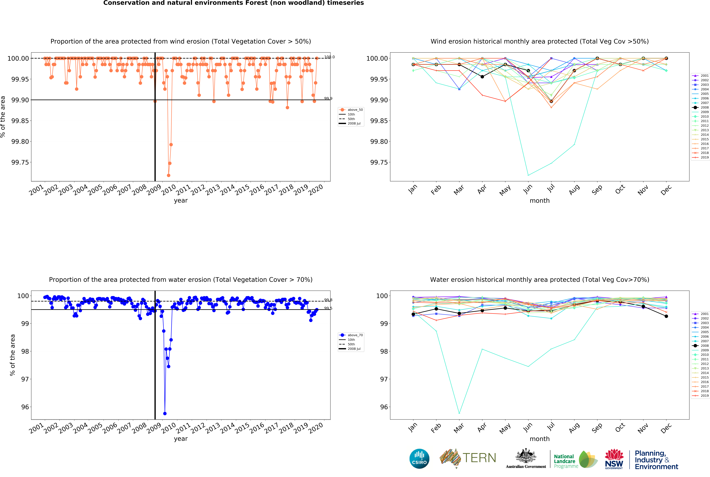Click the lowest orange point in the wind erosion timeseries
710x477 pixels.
pyautogui.click(x=168, y=175)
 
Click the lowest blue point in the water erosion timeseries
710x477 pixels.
pyautogui.click(x=165, y=413)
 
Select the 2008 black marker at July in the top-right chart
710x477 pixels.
pyautogui.click(x=551, y=101)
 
